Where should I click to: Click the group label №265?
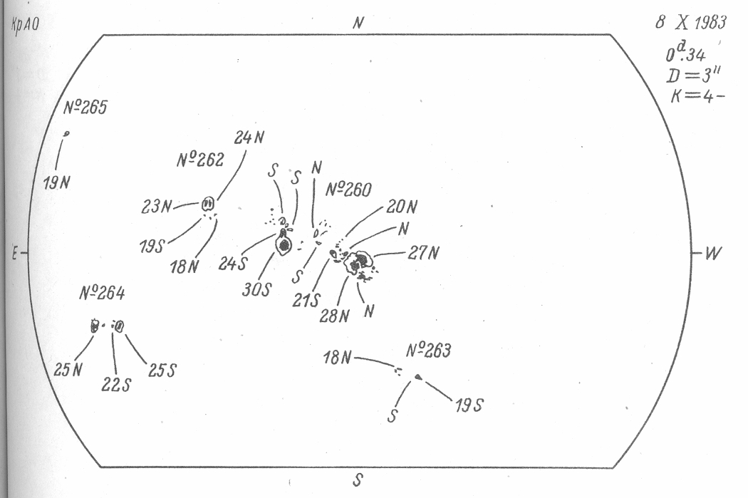click(x=83, y=109)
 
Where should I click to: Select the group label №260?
click(x=348, y=190)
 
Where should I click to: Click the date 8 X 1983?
click(x=690, y=23)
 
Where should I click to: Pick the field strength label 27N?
click(x=424, y=253)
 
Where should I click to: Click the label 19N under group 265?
click(x=56, y=181)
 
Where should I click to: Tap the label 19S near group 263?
click(x=469, y=405)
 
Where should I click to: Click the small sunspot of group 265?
click(x=67, y=133)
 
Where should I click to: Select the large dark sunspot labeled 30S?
click(x=284, y=245)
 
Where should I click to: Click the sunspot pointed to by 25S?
click(x=119, y=326)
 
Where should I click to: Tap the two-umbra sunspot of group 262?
click(x=209, y=204)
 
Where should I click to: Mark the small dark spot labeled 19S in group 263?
click(x=418, y=376)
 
